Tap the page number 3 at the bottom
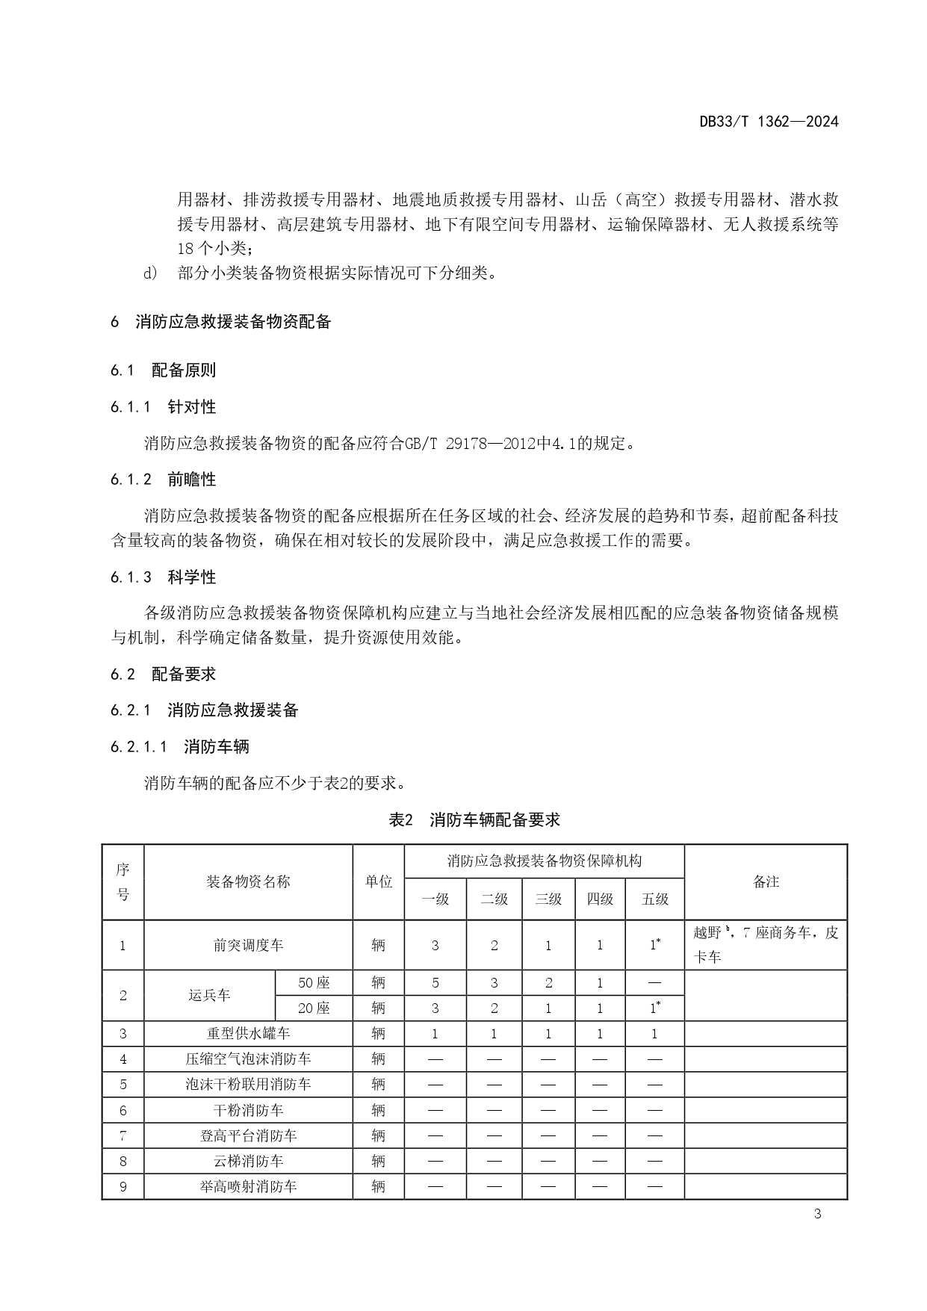(x=817, y=1214)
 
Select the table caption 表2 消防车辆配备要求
(x=474, y=819)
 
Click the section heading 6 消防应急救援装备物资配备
(x=221, y=322)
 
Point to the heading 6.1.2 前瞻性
(x=164, y=480)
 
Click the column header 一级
(x=435, y=899)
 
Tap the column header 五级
(x=654, y=899)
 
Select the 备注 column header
(x=766, y=882)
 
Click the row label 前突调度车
(x=248, y=946)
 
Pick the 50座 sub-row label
(x=314, y=983)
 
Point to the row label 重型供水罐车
(x=248, y=1034)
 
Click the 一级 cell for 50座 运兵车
(x=435, y=983)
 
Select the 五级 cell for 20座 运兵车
(x=654, y=1008)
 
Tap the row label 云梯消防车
(x=248, y=1161)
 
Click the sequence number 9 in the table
(x=123, y=1186)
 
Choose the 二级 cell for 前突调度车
(x=494, y=946)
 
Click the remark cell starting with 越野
(x=766, y=945)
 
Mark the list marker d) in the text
(x=150, y=273)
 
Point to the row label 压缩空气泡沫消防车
(x=248, y=1059)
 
